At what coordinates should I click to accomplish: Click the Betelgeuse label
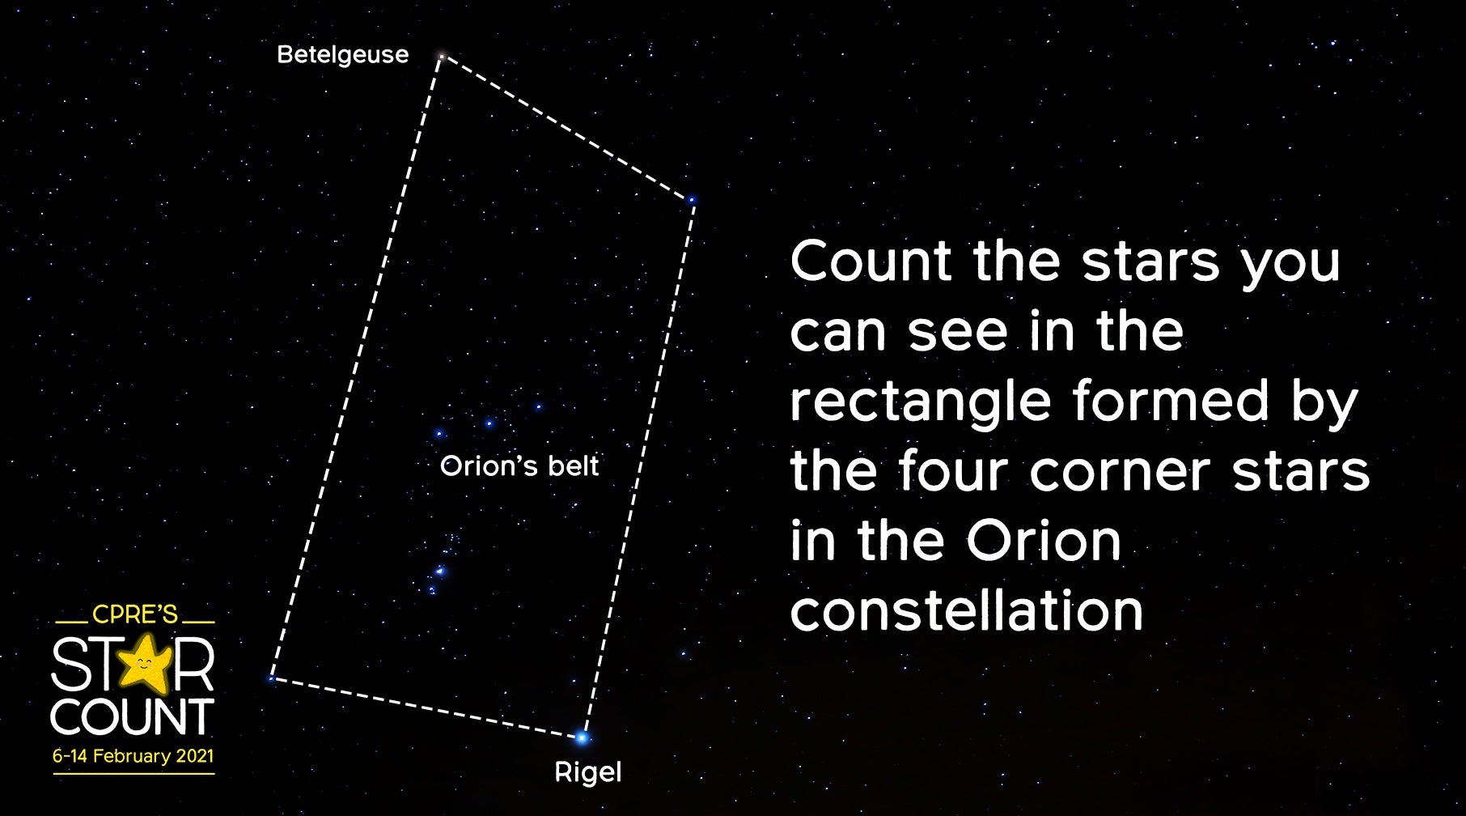click(x=342, y=55)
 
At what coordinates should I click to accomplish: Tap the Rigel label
click(x=587, y=772)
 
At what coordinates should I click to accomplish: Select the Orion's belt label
click(x=519, y=466)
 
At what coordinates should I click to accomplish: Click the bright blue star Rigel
click(x=582, y=737)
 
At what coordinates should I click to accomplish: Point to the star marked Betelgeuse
click(x=442, y=56)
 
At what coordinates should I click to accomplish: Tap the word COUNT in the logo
click(x=133, y=717)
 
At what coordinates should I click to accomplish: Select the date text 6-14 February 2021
click(x=133, y=756)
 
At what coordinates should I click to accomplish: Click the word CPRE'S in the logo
click(x=134, y=614)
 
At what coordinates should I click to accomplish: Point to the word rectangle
click(x=920, y=402)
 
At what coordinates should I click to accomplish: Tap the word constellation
click(x=966, y=611)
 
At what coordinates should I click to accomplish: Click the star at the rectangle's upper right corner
click(x=692, y=199)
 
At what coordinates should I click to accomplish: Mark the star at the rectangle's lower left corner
click(x=271, y=678)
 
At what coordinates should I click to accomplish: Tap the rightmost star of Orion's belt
click(x=538, y=407)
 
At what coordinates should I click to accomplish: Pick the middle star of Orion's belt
click(x=489, y=423)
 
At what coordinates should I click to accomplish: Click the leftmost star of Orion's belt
click(x=439, y=434)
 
